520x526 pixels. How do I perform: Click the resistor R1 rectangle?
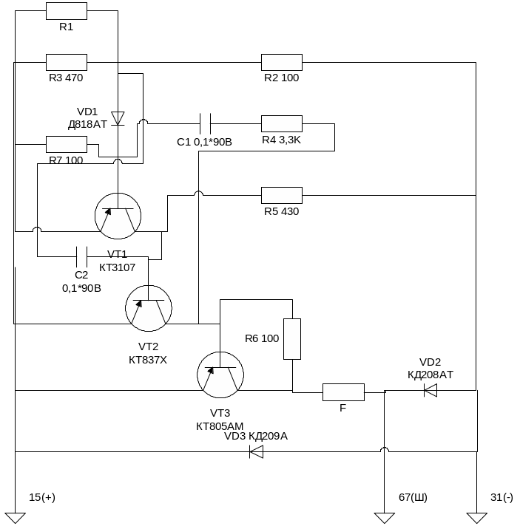[67, 10]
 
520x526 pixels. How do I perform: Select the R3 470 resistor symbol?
[67, 62]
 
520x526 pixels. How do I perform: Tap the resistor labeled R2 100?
[281, 62]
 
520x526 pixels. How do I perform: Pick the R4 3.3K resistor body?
[281, 123]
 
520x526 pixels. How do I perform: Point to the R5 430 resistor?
[281, 195]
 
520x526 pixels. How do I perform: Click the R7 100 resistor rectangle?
[67, 144]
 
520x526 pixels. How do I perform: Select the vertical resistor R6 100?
[292, 339]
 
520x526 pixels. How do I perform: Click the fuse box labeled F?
[343, 392]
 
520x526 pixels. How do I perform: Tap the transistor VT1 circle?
[118, 216]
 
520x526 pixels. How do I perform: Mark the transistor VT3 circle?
[220, 374]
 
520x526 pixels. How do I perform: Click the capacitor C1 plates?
[206, 123]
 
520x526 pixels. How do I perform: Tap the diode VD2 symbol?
[430, 391]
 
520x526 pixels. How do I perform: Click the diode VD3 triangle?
[257, 451]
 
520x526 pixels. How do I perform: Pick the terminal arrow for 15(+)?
[15, 518]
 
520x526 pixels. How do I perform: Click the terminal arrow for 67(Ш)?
[385, 518]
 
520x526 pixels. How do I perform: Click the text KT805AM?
[220, 426]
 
